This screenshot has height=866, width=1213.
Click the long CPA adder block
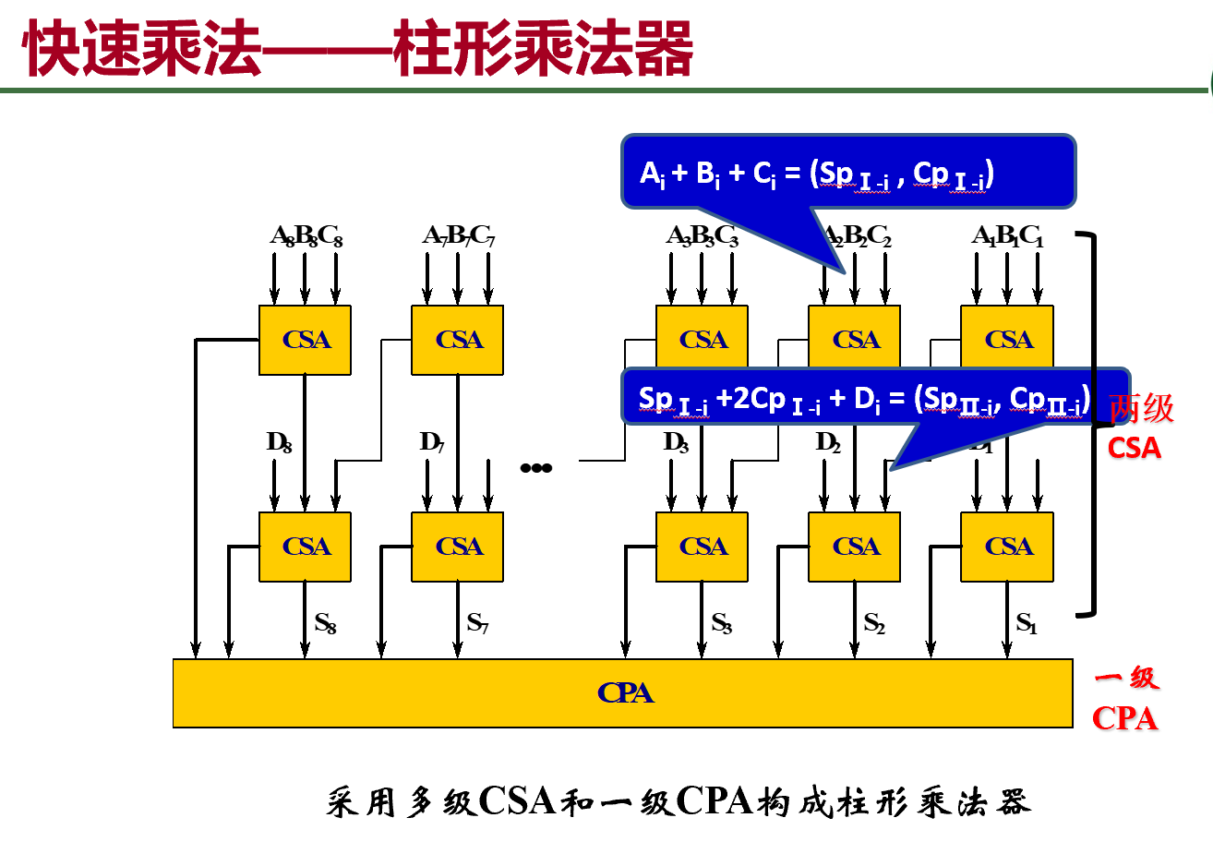click(623, 693)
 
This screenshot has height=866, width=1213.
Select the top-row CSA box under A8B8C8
click(305, 340)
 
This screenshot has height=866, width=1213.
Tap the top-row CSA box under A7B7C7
click(457, 340)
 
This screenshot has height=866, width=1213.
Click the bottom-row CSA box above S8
click(305, 547)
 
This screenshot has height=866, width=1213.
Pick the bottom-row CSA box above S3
click(702, 547)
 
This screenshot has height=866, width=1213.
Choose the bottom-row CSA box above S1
click(1007, 547)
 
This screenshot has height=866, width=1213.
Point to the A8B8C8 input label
click(306, 236)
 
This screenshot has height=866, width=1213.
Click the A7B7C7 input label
click(459, 236)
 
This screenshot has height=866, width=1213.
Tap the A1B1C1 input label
click(1007, 236)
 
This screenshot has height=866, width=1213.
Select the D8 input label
click(279, 442)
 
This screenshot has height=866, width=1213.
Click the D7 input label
click(431, 442)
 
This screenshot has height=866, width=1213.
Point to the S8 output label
click(325, 623)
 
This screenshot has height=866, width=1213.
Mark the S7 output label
click(477, 623)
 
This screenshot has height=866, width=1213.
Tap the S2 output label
click(874, 623)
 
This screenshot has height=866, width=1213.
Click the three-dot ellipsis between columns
click(535, 468)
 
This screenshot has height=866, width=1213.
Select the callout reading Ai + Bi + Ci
click(847, 172)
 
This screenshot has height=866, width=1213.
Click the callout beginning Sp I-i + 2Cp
click(864, 398)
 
